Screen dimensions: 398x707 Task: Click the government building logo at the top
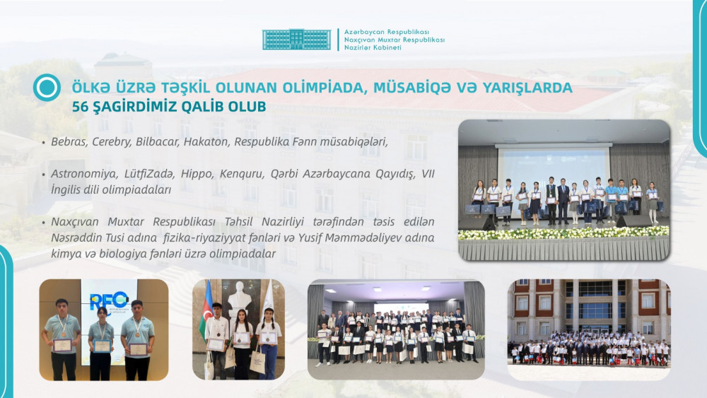click(296, 40)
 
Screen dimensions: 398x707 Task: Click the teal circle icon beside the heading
click(47, 87)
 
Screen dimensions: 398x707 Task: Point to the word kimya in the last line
click(65, 254)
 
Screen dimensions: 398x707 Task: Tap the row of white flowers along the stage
click(563, 233)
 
